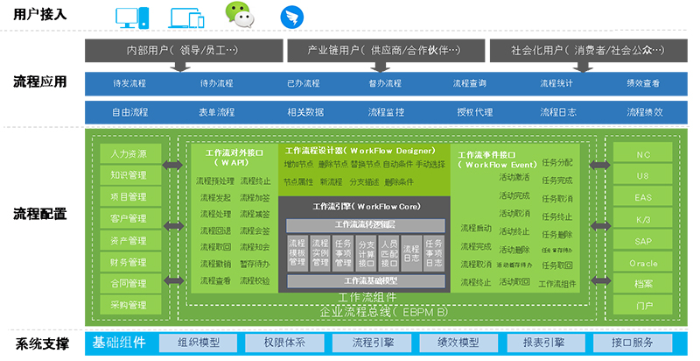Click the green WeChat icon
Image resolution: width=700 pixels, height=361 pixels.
click(x=238, y=15)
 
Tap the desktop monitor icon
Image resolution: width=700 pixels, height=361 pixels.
click(x=129, y=16)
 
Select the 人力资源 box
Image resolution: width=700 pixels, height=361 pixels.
click(x=128, y=153)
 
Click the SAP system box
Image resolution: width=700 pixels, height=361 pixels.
click(x=643, y=241)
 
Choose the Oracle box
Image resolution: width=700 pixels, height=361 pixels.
click(x=643, y=263)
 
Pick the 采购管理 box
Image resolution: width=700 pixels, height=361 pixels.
click(x=128, y=306)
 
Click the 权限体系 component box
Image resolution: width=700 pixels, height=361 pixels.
click(x=284, y=343)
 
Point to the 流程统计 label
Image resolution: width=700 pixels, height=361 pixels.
click(x=556, y=83)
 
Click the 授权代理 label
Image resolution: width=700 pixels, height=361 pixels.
click(x=474, y=112)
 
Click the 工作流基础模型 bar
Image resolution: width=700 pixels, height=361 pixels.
click(x=371, y=281)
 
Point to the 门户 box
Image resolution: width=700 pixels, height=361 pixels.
click(x=643, y=306)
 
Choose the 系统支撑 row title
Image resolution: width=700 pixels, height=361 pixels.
click(x=40, y=343)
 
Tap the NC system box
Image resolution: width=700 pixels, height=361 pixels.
click(x=643, y=153)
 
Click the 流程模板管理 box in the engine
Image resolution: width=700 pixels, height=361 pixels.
click(x=297, y=251)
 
